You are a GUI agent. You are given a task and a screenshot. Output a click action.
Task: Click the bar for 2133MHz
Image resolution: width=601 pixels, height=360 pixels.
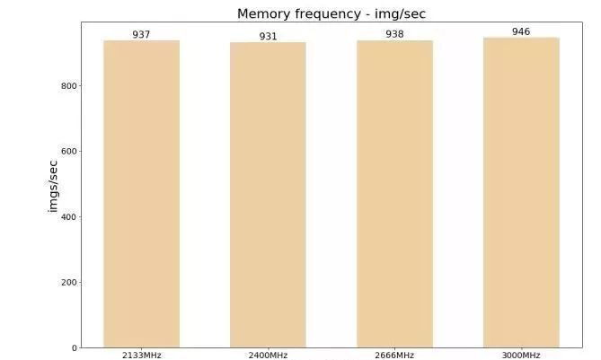[x=141, y=194]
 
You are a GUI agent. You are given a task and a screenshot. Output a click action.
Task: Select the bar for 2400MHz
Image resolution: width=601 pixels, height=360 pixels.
[x=268, y=195]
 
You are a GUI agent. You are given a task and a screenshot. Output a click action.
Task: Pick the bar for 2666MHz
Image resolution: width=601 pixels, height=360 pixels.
[x=394, y=194]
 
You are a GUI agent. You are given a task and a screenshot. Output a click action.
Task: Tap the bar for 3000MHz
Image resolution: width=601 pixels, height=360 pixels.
[x=521, y=193]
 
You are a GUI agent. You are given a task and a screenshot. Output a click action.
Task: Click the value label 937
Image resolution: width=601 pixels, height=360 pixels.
[x=141, y=34]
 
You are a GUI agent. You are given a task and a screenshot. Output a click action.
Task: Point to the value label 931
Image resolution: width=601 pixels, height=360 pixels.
[x=268, y=37]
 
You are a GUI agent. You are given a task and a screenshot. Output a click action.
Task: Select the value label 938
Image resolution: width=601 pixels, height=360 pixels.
[x=394, y=34]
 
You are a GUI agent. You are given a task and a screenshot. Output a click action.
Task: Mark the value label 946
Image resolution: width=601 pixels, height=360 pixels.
[x=521, y=31]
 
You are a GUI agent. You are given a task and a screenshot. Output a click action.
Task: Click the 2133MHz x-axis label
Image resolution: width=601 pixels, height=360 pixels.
[x=141, y=356]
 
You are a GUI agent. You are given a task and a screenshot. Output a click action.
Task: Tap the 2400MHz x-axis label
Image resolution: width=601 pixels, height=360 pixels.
[x=268, y=356]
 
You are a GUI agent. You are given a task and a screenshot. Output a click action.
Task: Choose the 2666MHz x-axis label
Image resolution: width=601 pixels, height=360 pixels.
[x=394, y=356]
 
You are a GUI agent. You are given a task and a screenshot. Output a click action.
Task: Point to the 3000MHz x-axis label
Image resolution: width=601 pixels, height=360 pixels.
[x=521, y=356]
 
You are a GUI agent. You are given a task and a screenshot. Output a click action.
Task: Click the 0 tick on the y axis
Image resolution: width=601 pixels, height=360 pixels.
[x=75, y=348]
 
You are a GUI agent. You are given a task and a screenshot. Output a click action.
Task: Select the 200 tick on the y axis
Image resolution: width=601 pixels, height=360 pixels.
[x=69, y=283]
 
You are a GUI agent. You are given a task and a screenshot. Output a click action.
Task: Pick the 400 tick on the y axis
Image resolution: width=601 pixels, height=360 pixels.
[x=69, y=217]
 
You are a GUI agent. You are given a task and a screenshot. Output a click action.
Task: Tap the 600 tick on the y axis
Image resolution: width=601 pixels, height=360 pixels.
[x=69, y=152]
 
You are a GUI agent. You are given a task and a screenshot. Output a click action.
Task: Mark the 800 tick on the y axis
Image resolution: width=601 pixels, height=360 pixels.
[x=69, y=86]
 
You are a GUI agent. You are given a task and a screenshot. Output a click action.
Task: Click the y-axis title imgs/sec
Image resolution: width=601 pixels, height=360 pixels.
[x=53, y=186]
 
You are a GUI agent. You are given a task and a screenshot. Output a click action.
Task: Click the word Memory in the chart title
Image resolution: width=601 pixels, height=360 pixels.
[x=264, y=13]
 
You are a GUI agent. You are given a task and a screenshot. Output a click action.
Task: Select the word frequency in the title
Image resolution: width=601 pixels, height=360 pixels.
[x=328, y=14]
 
